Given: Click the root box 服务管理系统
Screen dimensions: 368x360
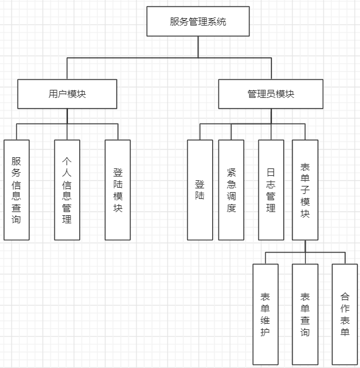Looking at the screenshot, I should (198, 21).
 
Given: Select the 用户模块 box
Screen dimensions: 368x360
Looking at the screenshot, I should (67, 94).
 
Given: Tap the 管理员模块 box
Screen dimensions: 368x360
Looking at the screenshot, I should (271, 94).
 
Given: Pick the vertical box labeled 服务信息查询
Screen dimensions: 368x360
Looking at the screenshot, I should (16, 190).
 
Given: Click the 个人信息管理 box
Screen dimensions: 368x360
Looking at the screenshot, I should (67, 190).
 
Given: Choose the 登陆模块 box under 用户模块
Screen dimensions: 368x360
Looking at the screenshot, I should (118, 190).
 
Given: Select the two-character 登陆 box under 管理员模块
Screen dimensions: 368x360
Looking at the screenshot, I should (200, 190).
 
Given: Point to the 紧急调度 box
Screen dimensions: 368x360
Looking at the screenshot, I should (231, 190).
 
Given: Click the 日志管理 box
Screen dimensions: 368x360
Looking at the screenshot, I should (271, 190).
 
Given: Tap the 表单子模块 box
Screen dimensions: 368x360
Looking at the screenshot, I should (305, 190).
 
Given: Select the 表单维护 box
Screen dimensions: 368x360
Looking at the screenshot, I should (265, 314).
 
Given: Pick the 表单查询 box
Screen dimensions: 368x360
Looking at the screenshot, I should (305, 314).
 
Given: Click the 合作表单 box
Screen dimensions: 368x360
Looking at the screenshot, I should (344, 314).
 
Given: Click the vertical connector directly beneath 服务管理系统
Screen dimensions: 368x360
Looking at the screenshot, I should (198, 47).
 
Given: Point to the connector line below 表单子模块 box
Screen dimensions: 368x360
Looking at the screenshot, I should (305, 246).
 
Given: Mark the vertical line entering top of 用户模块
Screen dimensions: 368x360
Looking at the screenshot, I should (67, 69).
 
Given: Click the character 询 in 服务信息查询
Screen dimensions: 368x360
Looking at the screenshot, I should (16, 220).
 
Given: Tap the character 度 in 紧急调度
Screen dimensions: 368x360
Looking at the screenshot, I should (231, 208).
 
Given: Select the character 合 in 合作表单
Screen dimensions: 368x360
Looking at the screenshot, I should (344, 297).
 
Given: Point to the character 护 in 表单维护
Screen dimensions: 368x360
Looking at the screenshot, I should (265, 332).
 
